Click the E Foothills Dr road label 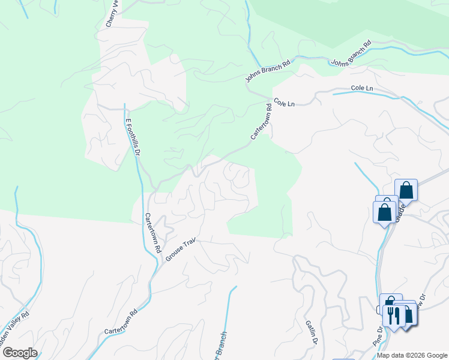coord(132,137)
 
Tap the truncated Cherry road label coord(111,13)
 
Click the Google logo coord(19,352)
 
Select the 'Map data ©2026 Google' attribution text coord(412,355)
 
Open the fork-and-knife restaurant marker coord(394,314)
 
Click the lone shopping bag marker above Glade coord(406,190)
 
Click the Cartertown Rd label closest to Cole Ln coord(262,122)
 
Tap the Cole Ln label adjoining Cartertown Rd coord(284,103)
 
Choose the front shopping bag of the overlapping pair coord(384,212)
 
